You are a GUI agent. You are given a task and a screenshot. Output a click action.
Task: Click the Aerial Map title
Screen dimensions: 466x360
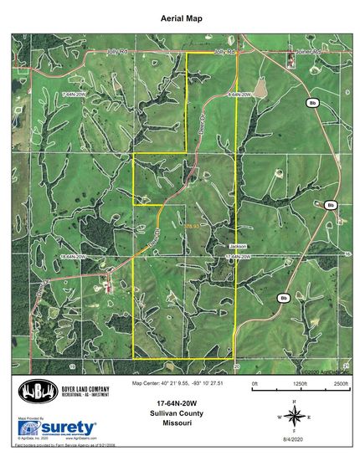pyautogui.click(x=181, y=17)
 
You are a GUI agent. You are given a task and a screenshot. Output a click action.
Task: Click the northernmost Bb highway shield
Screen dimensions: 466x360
pyautogui.click(x=313, y=103)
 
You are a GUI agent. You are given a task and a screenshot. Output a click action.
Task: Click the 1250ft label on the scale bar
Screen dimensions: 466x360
pyautogui.click(x=299, y=382)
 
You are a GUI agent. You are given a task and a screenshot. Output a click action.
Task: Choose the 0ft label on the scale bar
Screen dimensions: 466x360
pyautogui.click(x=255, y=382)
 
